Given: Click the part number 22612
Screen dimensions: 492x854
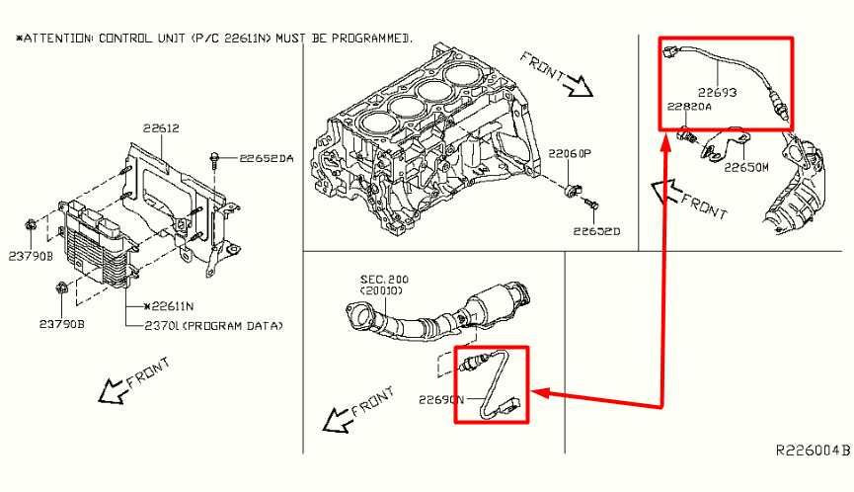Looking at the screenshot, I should click(160, 128).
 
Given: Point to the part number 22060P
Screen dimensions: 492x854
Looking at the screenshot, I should click(570, 154).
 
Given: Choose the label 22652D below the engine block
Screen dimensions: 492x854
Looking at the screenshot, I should click(596, 233).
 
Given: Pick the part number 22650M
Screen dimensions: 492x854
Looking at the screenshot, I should click(746, 168).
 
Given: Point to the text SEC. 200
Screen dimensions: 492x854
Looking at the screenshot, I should click(371, 281).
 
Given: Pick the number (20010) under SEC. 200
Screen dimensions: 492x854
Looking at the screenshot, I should click(373, 292).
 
